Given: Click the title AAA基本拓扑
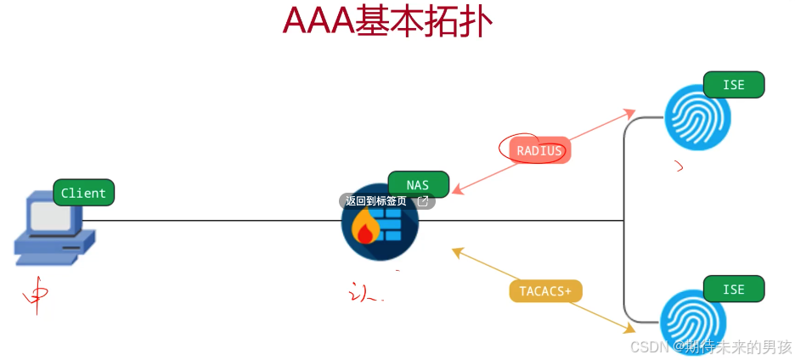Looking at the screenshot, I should coord(386,23).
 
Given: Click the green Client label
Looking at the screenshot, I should coord(83,193).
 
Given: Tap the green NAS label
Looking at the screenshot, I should coord(418,184).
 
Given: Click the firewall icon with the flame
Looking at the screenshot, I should coord(380,223).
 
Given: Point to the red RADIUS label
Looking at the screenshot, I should coord(539,150).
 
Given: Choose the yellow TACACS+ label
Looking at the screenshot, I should coord(545,290).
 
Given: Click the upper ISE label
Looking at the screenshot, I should coord(734,85).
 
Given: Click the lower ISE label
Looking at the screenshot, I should coord(734,289).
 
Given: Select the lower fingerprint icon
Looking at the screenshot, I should coord(693,322).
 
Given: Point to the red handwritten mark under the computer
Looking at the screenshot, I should coord(36,297).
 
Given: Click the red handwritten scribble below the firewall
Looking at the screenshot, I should coord(365,294).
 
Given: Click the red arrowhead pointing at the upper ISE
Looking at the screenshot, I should coord(629,112).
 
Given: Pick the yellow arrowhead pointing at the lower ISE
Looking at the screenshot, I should coord(629,328).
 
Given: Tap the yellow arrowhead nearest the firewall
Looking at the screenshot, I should coord(457,251).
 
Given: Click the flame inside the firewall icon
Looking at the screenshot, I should coord(365,228).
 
